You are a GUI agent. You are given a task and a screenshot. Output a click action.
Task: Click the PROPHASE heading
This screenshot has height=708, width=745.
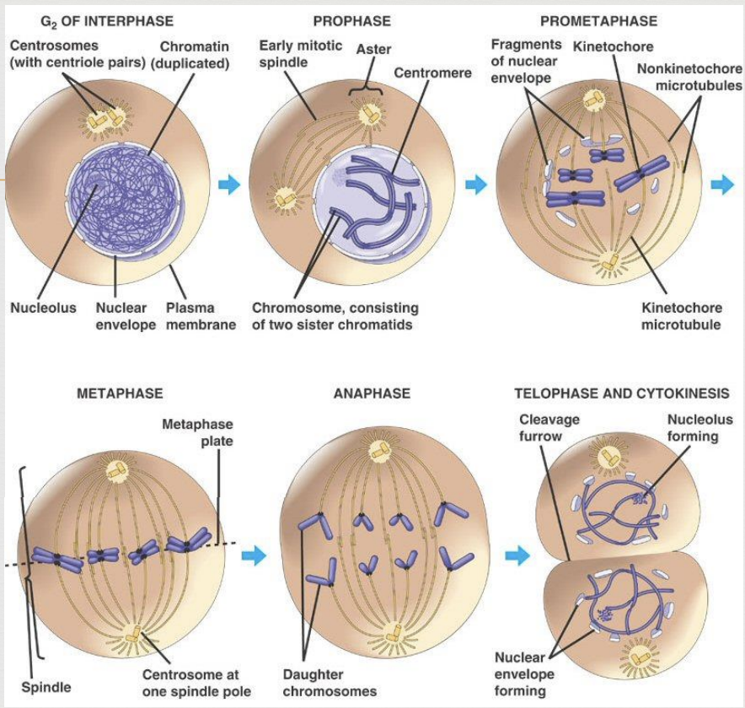pos(352,21)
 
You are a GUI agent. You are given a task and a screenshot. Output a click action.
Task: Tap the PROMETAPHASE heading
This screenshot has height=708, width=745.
pos(598,21)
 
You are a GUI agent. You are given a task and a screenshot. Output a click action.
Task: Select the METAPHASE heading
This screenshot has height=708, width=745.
pos(120,394)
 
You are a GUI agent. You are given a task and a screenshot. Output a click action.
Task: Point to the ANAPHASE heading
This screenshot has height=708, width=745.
pos(372,394)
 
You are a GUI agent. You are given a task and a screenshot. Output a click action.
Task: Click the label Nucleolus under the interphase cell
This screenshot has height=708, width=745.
pos(43,308)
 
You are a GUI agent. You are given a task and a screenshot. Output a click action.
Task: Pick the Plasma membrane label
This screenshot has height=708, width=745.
pos(201,316)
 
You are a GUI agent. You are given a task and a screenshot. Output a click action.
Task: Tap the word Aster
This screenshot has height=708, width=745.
pos(374,49)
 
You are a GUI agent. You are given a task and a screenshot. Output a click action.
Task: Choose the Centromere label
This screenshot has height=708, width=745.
pos(433,72)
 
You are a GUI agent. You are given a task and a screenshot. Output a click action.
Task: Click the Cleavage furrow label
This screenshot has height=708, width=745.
pos(549,427)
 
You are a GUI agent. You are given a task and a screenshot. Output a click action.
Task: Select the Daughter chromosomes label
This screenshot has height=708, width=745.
pos(330,683)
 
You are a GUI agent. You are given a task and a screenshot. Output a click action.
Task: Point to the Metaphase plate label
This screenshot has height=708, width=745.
pos(198,432)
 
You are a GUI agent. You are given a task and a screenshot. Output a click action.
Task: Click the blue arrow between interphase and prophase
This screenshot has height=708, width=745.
pos(229,185)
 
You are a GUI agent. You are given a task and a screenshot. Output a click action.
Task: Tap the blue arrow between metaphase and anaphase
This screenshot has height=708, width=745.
pos(254,555)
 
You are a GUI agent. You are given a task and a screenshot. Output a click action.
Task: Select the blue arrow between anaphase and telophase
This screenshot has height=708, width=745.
pos(517,555)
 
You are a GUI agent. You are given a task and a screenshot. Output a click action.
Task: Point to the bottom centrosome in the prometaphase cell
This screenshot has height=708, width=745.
pos(608,264)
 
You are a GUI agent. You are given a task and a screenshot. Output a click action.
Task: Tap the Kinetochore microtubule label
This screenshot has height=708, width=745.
pos(681,316)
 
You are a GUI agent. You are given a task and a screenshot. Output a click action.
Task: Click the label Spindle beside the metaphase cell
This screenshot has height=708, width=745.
pos(46,687)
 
